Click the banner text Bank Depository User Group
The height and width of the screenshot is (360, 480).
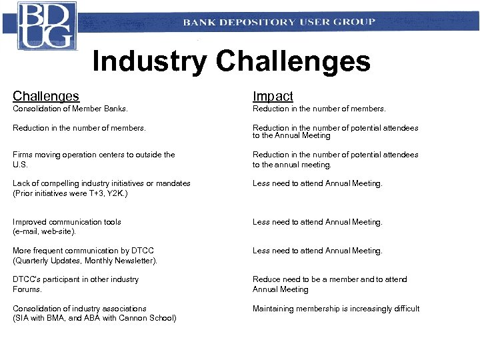pyautogui.click(x=279, y=22)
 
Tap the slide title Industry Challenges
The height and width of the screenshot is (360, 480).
pyautogui.click(x=231, y=61)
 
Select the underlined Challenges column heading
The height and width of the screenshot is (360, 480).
pyautogui.click(x=46, y=97)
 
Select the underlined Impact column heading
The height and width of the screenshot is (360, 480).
pyautogui.click(x=273, y=97)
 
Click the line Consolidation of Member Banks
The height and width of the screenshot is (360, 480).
pyautogui.click(x=70, y=109)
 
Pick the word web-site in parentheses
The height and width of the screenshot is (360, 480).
pyautogui.click(x=59, y=232)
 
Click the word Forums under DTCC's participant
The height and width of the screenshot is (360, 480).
pyautogui.click(x=27, y=289)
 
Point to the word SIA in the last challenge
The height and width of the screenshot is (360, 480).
pyautogui.click(x=23, y=318)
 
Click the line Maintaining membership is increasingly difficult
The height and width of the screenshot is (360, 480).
pyautogui.click(x=336, y=309)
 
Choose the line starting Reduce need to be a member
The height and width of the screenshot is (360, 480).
pyautogui.click(x=329, y=279)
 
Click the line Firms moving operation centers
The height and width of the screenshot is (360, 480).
pyautogui.click(x=93, y=155)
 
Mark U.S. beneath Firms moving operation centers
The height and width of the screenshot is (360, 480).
pyautogui.click(x=20, y=164)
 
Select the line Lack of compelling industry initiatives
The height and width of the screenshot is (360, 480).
pyautogui.click(x=101, y=183)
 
